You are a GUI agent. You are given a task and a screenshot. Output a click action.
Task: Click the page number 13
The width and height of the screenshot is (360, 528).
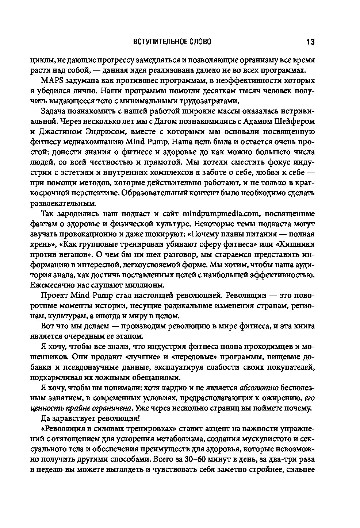[x=310, y=42]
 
